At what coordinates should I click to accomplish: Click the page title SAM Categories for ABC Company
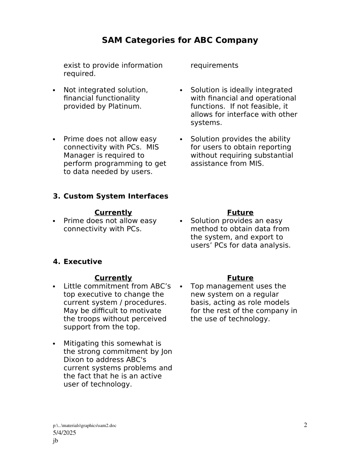point(180,40)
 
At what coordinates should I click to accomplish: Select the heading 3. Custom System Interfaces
point(111,196)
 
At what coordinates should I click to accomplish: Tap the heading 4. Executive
point(78,262)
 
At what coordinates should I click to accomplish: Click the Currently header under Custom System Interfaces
point(113,213)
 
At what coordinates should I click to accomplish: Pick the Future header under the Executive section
point(240,278)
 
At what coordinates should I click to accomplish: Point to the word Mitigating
point(81,344)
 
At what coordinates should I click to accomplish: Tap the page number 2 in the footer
point(305,425)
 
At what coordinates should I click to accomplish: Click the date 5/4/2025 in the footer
point(64,433)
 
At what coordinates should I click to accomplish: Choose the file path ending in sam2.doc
point(85,426)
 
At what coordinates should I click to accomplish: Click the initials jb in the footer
point(55,441)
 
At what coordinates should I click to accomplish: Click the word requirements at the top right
point(214,66)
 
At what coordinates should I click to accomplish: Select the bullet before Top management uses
point(181,287)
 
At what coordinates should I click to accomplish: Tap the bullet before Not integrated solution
point(54,91)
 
